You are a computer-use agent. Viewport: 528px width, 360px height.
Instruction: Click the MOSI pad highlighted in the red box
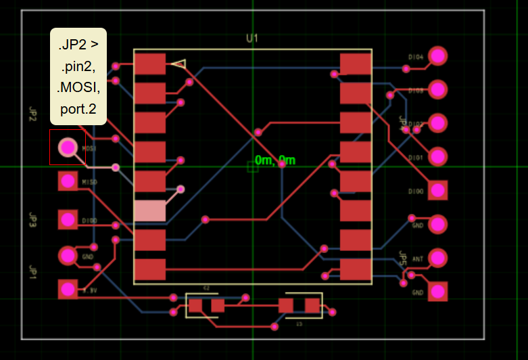(68, 147)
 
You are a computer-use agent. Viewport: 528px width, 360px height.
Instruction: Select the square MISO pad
(68, 181)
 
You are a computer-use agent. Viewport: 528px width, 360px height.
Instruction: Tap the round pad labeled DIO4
(438, 55)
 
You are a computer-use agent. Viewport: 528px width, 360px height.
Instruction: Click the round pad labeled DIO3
(438, 89)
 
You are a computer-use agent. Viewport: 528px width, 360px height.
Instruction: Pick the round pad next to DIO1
(438, 156)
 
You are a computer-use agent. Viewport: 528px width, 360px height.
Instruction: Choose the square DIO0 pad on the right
(438, 190)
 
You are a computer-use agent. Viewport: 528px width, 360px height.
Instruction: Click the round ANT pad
(438, 257)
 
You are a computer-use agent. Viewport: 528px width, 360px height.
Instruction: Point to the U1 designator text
(252, 39)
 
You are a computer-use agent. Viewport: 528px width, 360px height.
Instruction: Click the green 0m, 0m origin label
(275, 160)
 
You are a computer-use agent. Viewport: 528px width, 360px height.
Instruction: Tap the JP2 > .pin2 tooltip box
(78, 76)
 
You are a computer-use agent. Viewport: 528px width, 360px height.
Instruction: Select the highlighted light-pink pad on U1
(149, 210)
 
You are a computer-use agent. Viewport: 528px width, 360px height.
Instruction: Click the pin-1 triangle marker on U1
(178, 64)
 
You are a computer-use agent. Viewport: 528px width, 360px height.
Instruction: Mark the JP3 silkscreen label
(32, 220)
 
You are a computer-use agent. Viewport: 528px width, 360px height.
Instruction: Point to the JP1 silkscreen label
(32, 272)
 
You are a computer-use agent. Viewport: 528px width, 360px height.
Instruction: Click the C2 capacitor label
(207, 288)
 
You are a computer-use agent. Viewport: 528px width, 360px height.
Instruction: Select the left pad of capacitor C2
(195, 306)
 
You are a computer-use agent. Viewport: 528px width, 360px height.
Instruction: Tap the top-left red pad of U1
(149, 64)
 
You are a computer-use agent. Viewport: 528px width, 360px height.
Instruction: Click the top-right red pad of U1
(356, 64)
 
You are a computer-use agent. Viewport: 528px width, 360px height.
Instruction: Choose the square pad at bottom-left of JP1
(68, 289)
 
